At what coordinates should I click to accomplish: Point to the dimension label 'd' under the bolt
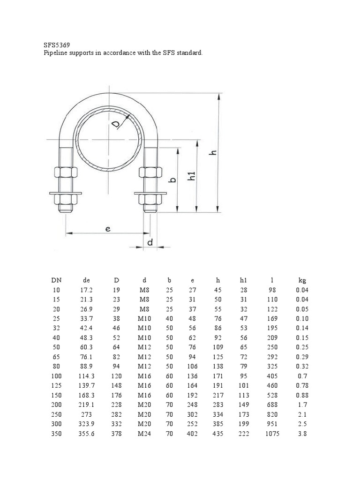click(x=150, y=242)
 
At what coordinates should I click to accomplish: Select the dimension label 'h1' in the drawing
click(x=191, y=177)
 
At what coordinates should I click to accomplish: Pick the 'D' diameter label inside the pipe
click(x=117, y=124)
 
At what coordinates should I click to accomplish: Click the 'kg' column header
click(x=302, y=280)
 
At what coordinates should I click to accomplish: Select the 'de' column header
click(x=86, y=280)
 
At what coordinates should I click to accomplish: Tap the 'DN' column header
click(x=56, y=280)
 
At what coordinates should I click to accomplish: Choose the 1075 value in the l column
click(x=272, y=434)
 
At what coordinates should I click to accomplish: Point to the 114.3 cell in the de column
click(x=86, y=376)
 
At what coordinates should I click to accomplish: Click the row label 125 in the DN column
click(x=56, y=386)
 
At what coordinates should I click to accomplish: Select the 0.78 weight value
click(x=302, y=386)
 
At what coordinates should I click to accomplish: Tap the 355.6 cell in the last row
click(x=86, y=434)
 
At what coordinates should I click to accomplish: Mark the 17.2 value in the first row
click(x=86, y=290)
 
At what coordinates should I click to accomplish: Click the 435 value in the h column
click(x=217, y=434)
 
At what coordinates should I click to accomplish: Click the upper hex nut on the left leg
click(x=64, y=172)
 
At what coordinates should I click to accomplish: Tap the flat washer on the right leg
click(x=150, y=192)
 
